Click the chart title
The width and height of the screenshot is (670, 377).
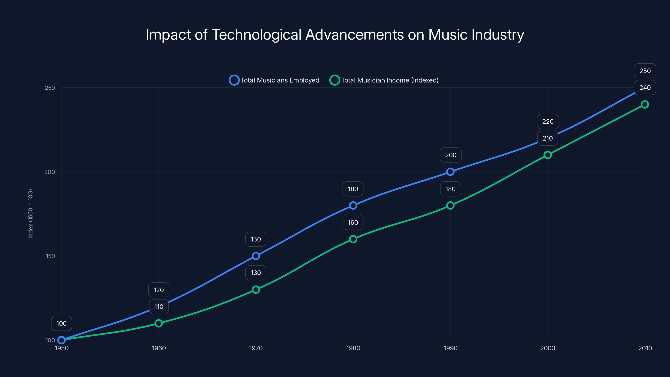coord(335,35)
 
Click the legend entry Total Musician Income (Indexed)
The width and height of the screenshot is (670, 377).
coord(384,80)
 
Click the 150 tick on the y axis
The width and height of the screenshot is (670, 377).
coord(50,256)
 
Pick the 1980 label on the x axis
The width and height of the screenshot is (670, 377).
coord(353,348)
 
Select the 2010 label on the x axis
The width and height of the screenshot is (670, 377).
coord(645,348)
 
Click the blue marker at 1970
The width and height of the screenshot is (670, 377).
coord(256,256)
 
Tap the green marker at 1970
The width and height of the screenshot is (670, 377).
coord(256,290)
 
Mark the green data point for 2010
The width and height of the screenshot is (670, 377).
coord(645,105)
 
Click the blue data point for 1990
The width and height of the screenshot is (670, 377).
coord(450,172)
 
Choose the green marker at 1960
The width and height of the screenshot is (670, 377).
coord(159,323)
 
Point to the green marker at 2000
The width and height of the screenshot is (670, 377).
coord(548,155)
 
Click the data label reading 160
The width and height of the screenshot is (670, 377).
coord(353,222)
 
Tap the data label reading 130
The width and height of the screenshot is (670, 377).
coord(256,273)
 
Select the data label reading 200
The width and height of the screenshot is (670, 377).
coord(451,155)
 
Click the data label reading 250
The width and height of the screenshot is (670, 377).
coord(645,71)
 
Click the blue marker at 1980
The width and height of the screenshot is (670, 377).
coord(353,205)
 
